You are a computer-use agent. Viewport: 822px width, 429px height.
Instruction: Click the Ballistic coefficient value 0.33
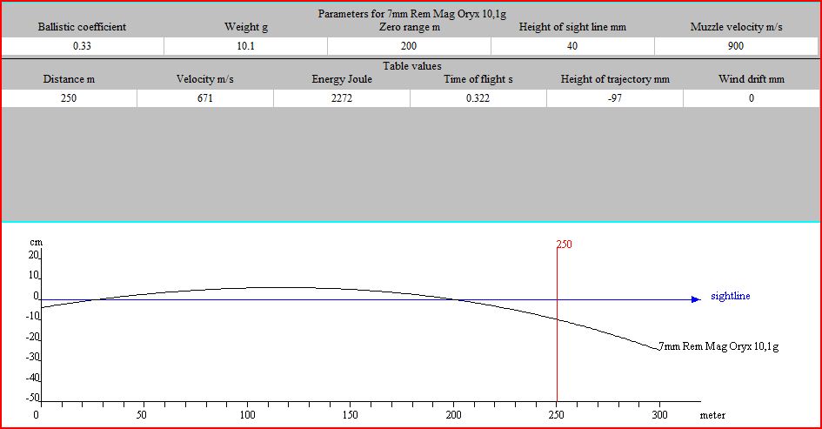(x=82, y=46)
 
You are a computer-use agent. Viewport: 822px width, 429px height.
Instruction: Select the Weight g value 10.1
(x=245, y=46)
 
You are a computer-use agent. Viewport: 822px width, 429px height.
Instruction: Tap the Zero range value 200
(x=409, y=46)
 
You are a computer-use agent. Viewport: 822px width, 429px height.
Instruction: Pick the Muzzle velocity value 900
(x=736, y=46)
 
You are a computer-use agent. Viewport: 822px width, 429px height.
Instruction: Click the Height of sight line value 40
(x=572, y=46)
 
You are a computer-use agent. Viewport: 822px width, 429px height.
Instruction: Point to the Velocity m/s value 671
(x=204, y=98)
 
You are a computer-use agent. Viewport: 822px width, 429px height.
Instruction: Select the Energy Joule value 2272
(x=341, y=98)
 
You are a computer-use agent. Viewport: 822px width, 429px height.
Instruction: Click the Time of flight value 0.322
(x=478, y=98)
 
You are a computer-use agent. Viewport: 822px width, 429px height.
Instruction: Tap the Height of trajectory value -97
(x=615, y=98)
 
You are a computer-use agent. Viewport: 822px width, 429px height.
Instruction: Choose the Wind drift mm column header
(x=751, y=79)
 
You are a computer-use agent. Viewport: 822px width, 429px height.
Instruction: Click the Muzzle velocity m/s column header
(x=736, y=27)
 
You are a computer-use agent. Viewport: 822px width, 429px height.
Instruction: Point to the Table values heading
(x=411, y=66)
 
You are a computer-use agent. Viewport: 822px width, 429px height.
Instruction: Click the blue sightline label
(x=730, y=297)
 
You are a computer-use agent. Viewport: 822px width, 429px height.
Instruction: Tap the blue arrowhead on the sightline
(x=695, y=299)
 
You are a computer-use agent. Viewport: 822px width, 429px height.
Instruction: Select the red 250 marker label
(x=565, y=245)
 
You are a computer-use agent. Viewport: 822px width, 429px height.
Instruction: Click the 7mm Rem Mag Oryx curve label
(x=718, y=346)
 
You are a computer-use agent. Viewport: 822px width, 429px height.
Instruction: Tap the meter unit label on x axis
(x=712, y=416)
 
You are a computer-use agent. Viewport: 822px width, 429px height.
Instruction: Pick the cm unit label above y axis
(x=35, y=243)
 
